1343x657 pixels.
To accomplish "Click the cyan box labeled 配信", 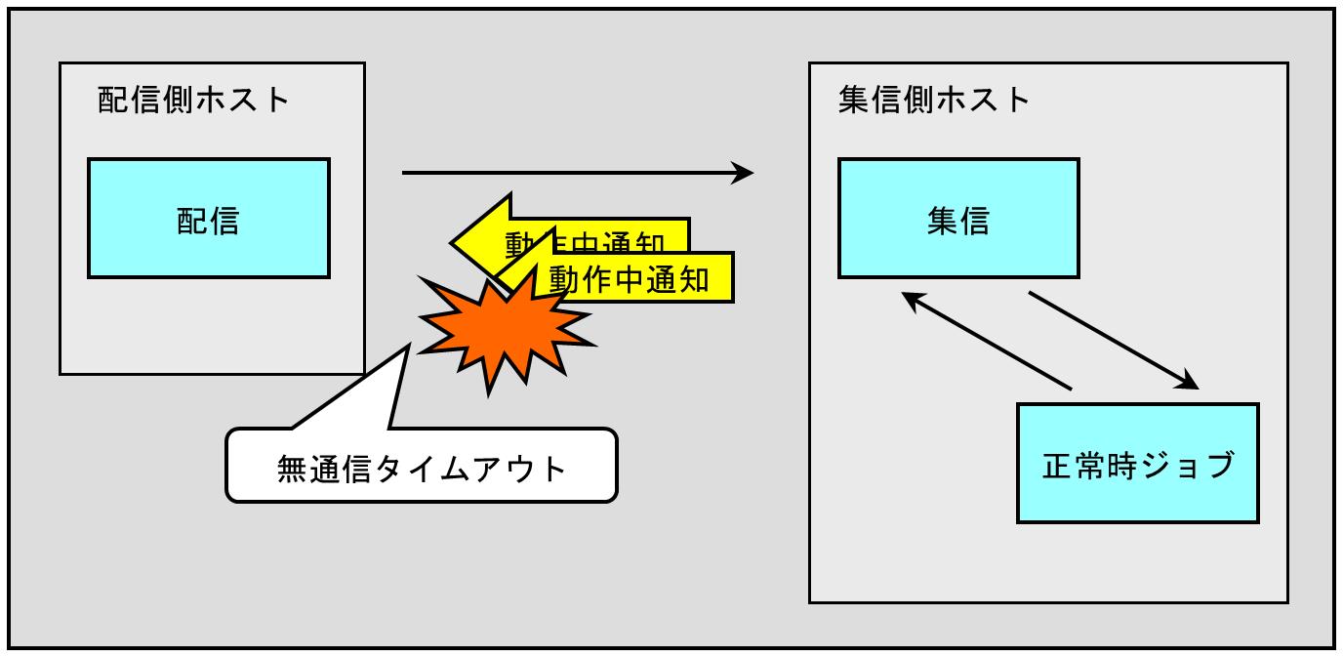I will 208,218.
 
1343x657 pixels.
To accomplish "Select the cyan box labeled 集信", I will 957,218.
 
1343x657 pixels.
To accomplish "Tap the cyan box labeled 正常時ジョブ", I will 1137,464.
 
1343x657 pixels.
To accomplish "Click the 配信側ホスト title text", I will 194,100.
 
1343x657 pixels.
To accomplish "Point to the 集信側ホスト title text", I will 935,100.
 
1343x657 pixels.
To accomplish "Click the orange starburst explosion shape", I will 503,327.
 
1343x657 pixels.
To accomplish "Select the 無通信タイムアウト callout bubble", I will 422,466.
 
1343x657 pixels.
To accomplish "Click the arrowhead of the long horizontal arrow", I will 744,174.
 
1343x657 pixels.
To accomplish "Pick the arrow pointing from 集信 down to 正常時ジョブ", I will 1113,339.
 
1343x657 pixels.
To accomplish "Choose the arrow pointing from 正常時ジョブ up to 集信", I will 986,342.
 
